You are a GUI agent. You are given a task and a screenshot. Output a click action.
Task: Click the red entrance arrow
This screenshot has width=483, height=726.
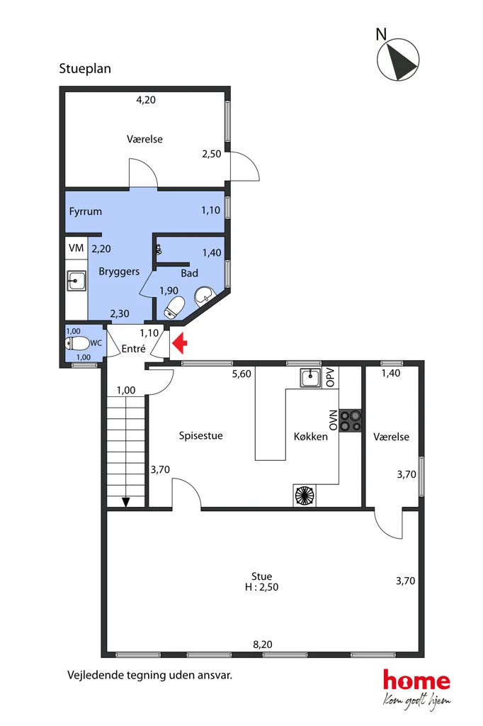tap(179, 344)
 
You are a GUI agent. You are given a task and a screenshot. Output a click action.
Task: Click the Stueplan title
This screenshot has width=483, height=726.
tap(85, 69)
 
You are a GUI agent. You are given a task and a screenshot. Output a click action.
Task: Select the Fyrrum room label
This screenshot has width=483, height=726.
tap(85, 211)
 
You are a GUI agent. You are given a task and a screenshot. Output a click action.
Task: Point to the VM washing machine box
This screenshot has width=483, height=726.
tap(76, 248)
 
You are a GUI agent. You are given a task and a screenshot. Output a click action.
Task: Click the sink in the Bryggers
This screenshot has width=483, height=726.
tap(76, 281)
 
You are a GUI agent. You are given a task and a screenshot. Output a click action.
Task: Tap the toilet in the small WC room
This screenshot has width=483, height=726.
tap(77, 344)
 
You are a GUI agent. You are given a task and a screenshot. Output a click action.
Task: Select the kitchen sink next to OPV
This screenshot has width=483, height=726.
tap(310, 378)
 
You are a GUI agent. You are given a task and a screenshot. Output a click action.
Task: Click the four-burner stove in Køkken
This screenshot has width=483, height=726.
tap(351, 421)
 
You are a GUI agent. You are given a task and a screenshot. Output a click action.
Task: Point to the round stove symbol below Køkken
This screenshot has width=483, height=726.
tap(305, 495)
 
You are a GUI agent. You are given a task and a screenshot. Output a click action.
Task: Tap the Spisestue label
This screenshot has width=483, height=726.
tap(201, 436)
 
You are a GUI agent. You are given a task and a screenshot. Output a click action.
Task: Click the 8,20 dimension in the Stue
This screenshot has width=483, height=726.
tap(262, 644)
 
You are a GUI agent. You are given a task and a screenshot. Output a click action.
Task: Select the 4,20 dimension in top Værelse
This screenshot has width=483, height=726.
tap(146, 99)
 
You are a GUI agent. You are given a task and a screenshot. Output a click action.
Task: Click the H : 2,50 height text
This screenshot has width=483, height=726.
tap(262, 587)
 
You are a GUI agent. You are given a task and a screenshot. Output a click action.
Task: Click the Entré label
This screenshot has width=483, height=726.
tap(133, 349)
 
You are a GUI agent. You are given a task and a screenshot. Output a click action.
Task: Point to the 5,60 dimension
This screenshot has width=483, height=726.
tap(241, 374)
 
